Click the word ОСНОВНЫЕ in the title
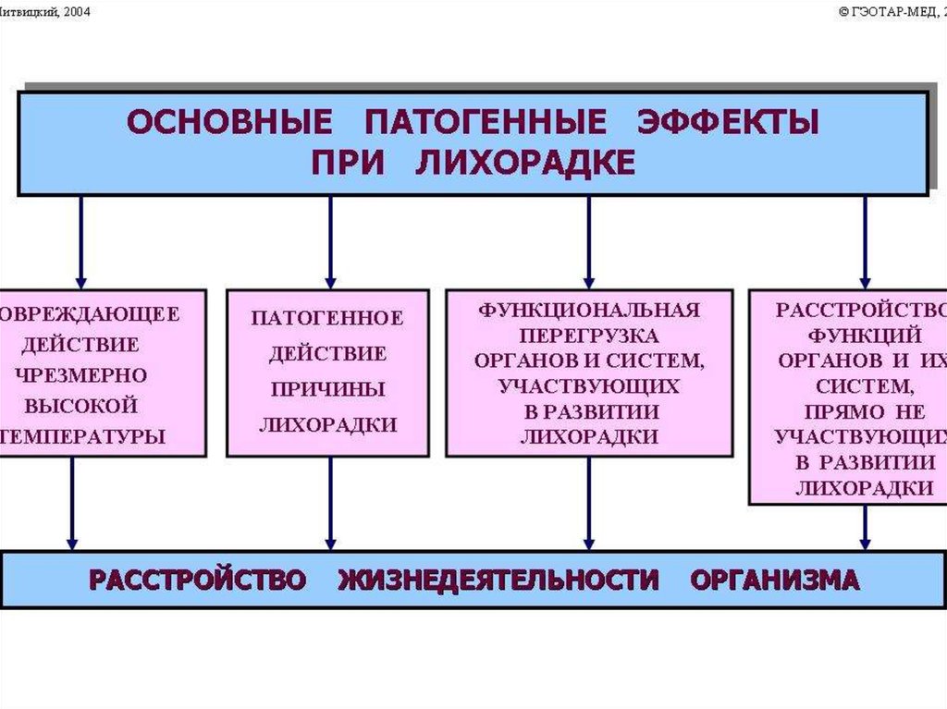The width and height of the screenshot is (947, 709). pyautogui.click(x=228, y=123)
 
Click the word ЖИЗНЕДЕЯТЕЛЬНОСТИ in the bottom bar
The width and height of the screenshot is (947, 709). pyautogui.click(x=498, y=580)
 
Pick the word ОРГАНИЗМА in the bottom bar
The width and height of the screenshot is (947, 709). pyautogui.click(x=774, y=580)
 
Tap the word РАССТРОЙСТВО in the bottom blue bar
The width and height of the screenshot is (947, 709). pyautogui.click(x=197, y=580)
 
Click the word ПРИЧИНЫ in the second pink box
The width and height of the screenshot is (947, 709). pyautogui.click(x=327, y=389)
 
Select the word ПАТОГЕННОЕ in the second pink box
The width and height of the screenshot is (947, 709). pyautogui.click(x=327, y=318)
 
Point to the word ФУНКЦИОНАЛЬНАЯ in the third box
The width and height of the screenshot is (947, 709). pyautogui.click(x=589, y=309)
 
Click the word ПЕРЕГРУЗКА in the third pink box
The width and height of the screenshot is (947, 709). pyautogui.click(x=589, y=335)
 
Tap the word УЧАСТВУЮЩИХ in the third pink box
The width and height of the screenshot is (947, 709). pyautogui.click(x=589, y=385)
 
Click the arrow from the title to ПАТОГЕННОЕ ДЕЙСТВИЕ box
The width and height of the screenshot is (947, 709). pyautogui.click(x=330, y=240)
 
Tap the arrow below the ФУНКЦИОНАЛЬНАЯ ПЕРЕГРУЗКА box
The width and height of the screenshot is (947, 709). pyautogui.click(x=588, y=503)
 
